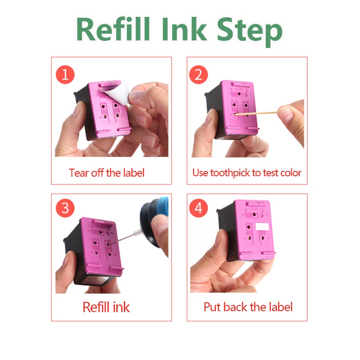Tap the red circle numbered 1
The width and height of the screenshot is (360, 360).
[x=65, y=75]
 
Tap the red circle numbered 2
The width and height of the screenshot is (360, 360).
[x=198, y=75]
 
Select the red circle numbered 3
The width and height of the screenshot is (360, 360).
[x=65, y=208]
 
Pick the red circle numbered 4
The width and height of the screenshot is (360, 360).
[x=198, y=208]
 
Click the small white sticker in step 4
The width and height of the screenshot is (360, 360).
[x=262, y=226]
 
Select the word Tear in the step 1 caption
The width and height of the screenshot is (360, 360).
[x=79, y=173]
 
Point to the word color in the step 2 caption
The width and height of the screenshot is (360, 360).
[x=291, y=173]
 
